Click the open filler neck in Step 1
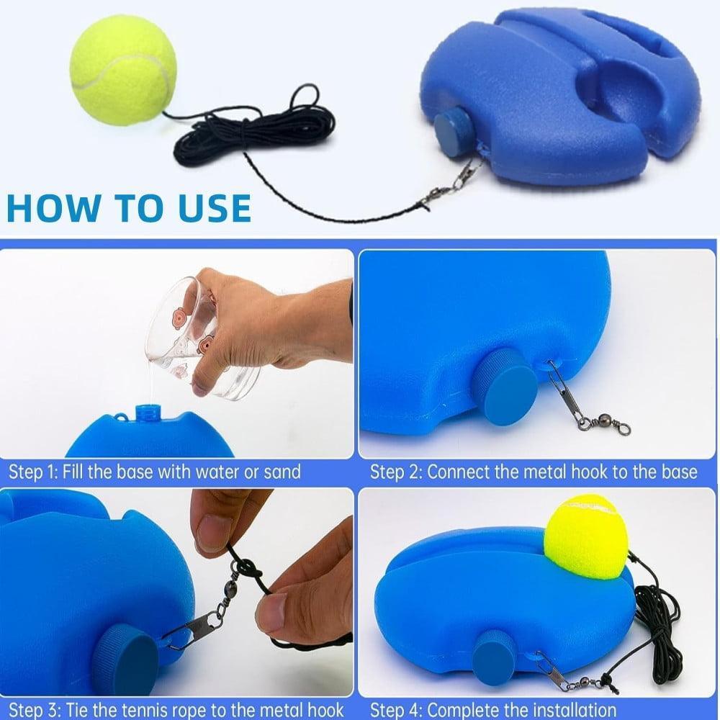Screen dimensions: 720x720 point(148,414)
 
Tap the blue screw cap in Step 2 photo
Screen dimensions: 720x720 point(504,387)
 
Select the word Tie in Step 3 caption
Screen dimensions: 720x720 point(75,710)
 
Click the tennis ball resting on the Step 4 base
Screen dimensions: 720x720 point(585,536)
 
